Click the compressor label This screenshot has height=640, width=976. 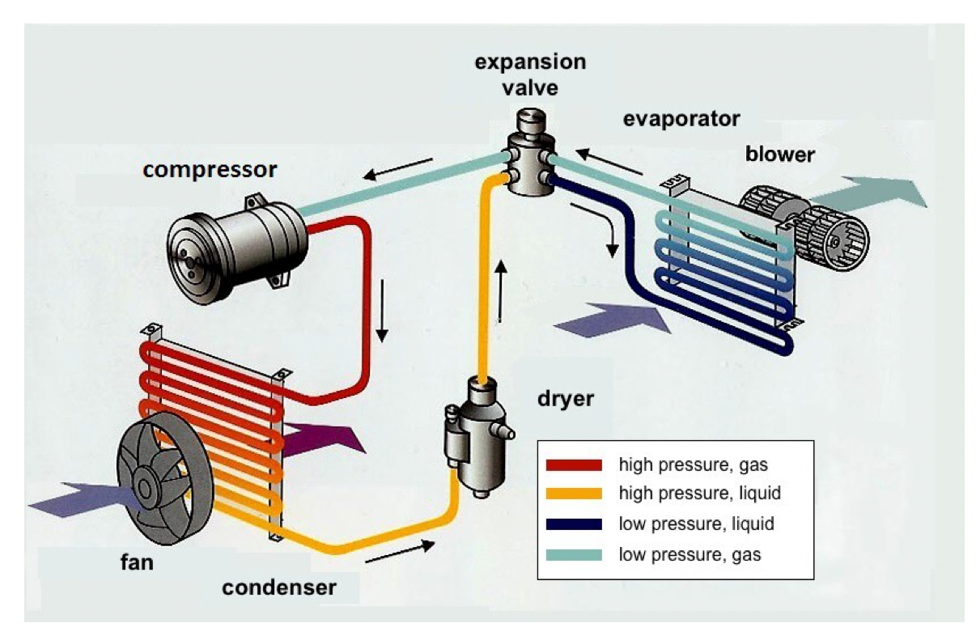(210, 170)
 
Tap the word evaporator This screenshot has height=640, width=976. (681, 119)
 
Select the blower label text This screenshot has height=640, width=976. (780, 155)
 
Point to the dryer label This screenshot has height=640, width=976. (566, 400)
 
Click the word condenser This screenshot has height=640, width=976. (279, 587)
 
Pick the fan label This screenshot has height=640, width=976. (137, 562)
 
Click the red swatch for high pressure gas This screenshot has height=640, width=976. (574, 465)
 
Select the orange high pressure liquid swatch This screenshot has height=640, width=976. (574, 494)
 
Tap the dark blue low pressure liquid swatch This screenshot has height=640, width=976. (574, 524)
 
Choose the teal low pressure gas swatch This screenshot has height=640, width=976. (574, 555)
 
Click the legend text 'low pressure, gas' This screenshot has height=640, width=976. (690, 555)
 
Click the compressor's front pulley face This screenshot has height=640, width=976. (192, 258)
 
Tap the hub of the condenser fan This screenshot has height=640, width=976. (145, 490)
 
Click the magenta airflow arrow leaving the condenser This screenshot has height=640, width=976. (323, 440)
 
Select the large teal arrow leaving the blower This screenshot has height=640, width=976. (867, 193)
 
